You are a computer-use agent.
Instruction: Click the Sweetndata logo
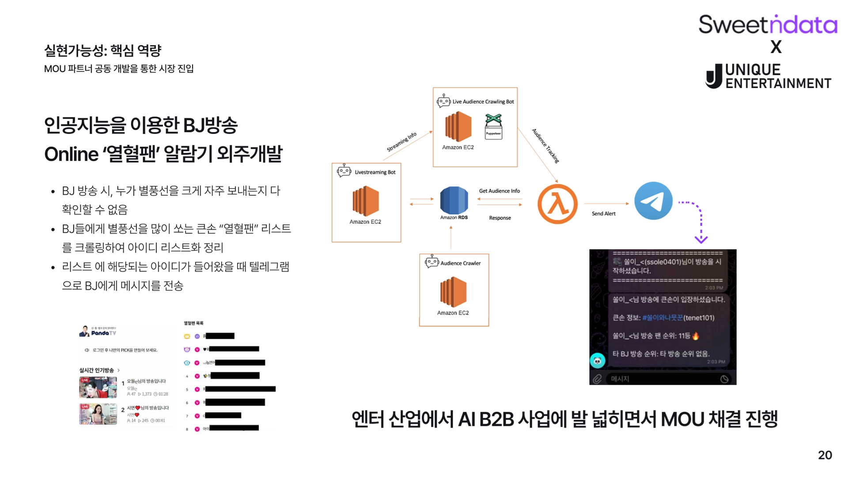tap(768, 24)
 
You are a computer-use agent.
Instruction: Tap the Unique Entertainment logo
tap(768, 76)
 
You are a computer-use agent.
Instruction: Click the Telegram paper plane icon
tap(653, 201)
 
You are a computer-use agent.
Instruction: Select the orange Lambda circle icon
tap(557, 204)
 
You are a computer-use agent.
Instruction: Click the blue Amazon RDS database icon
tap(454, 200)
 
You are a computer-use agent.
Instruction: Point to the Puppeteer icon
tap(493, 127)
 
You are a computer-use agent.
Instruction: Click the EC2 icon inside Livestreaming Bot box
tap(366, 201)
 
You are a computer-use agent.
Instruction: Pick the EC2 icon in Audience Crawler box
tap(453, 291)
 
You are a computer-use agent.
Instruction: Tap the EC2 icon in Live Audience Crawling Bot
tap(458, 127)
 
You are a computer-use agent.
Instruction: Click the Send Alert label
tap(603, 214)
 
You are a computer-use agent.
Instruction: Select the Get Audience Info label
tap(499, 191)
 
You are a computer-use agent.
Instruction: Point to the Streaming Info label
tap(401, 142)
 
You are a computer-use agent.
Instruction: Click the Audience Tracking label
tap(545, 146)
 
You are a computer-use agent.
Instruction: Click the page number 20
tap(825, 455)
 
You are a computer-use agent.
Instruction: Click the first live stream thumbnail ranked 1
tap(98, 387)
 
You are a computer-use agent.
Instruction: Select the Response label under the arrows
tap(500, 218)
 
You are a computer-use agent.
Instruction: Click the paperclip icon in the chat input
tap(597, 379)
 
